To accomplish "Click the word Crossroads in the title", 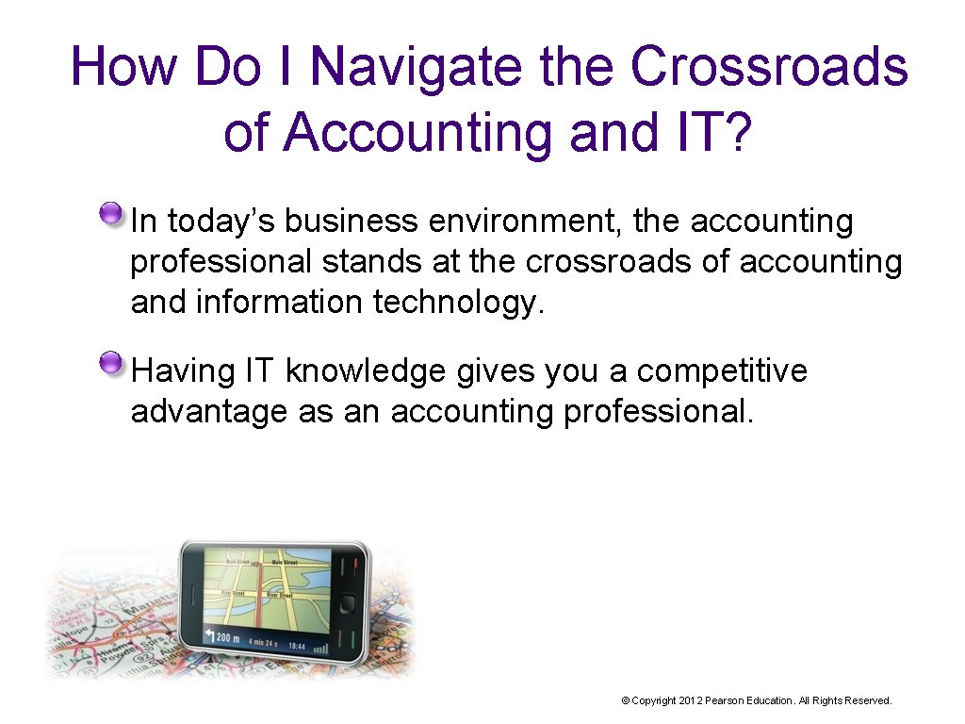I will click(768, 68).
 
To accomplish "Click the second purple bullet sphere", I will click(112, 364).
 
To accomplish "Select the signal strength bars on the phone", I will click(321, 647).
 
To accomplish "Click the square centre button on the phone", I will click(346, 604).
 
